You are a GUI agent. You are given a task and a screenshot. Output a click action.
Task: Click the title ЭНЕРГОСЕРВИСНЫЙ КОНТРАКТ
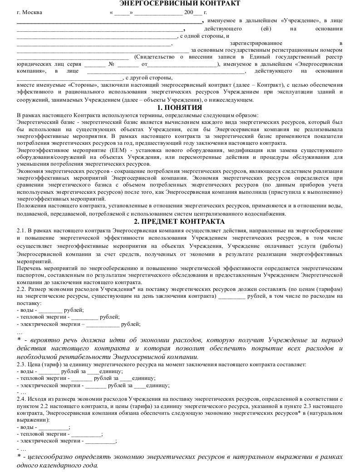180,4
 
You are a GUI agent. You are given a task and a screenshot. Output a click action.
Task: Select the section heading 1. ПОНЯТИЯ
179,108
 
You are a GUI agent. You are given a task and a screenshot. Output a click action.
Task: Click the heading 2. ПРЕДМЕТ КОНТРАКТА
179,221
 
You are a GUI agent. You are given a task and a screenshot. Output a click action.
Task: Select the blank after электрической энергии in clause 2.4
100,441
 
